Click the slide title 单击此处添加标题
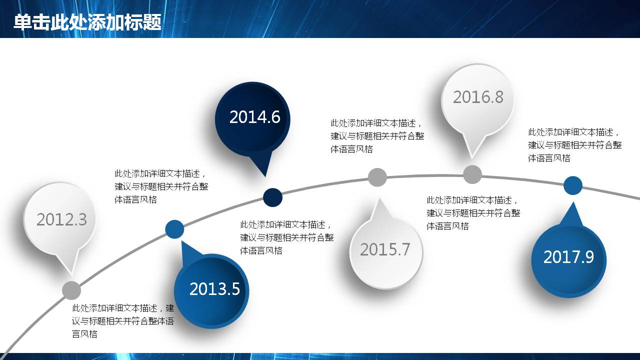(x=87, y=22)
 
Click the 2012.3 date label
(x=61, y=219)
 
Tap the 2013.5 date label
(x=214, y=288)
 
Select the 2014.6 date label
(x=255, y=117)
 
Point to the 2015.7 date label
(x=385, y=249)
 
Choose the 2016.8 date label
(x=478, y=97)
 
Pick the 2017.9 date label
(x=568, y=256)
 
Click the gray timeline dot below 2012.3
(x=71, y=290)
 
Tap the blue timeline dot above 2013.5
(x=174, y=229)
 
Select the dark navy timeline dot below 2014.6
(x=272, y=197)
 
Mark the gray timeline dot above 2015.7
(x=377, y=177)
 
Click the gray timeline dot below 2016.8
(x=472, y=174)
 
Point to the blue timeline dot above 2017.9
(x=573, y=185)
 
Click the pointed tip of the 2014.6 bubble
(x=265, y=176)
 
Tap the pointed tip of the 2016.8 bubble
(x=471, y=158)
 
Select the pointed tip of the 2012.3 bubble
(x=71, y=275)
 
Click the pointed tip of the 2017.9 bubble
(x=573, y=201)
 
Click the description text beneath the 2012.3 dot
(x=123, y=321)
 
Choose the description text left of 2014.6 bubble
(x=161, y=186)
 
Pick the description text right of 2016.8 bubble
(x=575, y=145)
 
